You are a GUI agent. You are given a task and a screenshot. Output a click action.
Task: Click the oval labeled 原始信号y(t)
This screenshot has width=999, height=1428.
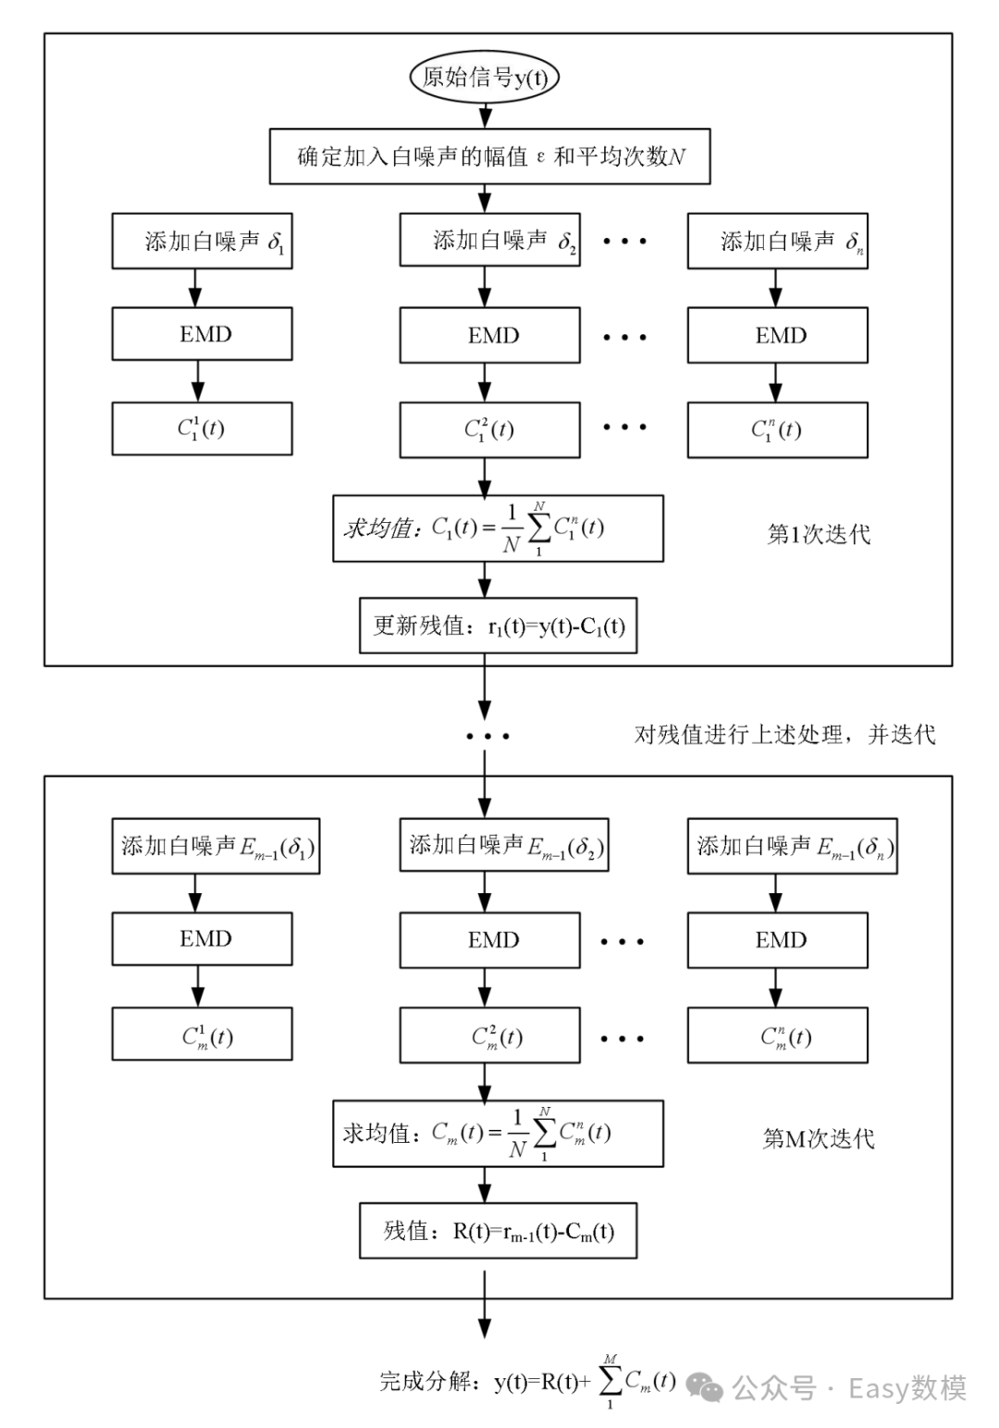click(485, 78)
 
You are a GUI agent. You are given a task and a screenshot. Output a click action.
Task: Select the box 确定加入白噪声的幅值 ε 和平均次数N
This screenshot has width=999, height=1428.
click(490, 156)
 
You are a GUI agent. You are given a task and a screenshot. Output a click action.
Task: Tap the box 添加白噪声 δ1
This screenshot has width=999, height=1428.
click(202, 242)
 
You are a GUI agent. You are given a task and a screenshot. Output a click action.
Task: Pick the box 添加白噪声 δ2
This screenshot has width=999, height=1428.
click(489, 241)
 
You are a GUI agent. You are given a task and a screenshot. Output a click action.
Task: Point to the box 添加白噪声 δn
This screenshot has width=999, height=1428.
click(777, 242)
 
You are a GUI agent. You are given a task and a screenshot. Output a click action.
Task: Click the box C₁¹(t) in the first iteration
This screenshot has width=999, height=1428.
click(202, 428)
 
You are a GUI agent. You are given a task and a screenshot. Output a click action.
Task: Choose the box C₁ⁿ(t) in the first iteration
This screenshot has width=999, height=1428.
click(777, 429)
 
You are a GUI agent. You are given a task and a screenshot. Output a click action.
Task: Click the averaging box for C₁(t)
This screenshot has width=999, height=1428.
click(498, 528)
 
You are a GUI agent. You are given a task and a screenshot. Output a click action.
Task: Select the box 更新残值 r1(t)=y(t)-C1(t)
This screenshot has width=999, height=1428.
click(498, 627)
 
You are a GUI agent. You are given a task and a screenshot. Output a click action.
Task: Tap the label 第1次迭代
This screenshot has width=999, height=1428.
click(819, 535)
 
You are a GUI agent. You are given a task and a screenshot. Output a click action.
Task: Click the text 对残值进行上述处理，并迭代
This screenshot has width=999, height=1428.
click(784, 735)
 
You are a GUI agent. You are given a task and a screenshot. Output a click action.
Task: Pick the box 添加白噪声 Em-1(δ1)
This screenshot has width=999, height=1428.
click(216, 847)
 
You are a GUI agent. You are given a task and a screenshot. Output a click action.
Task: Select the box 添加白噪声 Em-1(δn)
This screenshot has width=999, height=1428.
click(792, 847)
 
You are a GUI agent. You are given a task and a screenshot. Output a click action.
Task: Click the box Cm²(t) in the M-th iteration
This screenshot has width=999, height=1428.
click(489, 1036)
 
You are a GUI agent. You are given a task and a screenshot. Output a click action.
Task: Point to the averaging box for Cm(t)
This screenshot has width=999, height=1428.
click(498, 1133)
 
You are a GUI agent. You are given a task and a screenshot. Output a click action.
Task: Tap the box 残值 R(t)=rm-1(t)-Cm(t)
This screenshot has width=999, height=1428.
click(498, 1231)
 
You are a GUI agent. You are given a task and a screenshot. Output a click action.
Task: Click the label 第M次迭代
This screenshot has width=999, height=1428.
click(819, 1139)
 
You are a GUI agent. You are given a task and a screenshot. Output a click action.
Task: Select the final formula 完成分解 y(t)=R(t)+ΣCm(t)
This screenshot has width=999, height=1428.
click(527, 1382)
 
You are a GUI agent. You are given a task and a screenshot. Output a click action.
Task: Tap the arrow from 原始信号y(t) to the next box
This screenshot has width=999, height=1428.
click(485, 114)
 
